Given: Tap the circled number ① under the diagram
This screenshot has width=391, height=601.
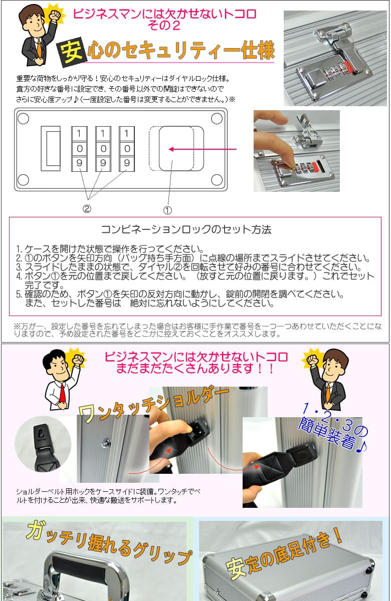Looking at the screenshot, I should (168, 210).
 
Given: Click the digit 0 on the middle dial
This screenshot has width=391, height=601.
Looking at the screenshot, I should (103, 148).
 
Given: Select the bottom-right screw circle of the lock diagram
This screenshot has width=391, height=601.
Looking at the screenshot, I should (216, 179).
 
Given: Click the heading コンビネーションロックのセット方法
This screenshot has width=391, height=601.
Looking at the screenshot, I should (186, 230).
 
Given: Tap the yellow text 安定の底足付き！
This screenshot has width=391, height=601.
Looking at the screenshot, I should (285, 555).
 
